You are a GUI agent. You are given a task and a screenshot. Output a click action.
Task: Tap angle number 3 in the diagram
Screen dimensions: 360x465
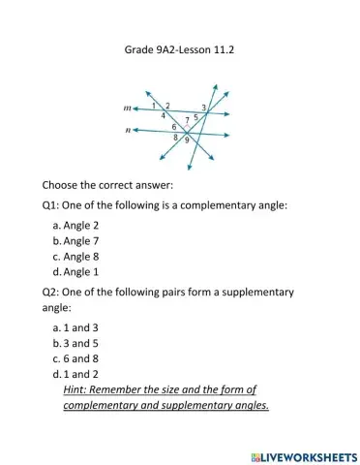pyautogui.click(x=203, y=107)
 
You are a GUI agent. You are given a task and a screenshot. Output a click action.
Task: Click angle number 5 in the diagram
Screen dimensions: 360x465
pyautogui.click(x=196, y=116)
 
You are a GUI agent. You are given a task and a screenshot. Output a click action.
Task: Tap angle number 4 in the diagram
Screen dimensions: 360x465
pyautogui.click(x=163, y=115)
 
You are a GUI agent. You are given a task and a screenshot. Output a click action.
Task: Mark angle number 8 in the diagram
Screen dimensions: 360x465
pyautogui.click(x=175, y=138)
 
